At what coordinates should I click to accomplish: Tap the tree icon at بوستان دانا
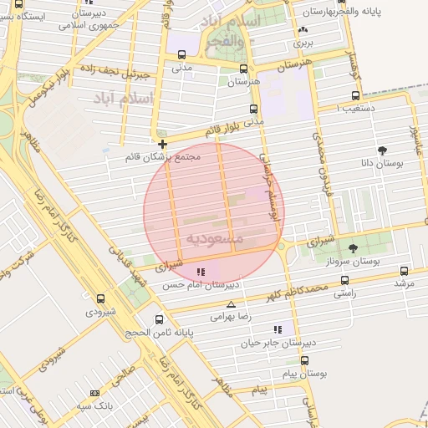click(x=383, y=150)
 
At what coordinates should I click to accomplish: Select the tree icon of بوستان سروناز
click(x=352, y=248)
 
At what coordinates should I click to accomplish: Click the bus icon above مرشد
click(x=405, y=271)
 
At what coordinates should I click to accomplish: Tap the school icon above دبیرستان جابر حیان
click(x=278, y=329)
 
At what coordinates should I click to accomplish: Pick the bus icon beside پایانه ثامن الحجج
click(x=160, y=319)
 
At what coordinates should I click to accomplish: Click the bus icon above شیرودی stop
click(x=101, y=298)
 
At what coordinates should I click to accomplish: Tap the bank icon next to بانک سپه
click(x=94, y=393)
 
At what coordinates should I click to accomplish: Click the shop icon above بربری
click(x=301, y=31)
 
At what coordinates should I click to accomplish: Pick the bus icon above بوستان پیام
click(x=304, y=361)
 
